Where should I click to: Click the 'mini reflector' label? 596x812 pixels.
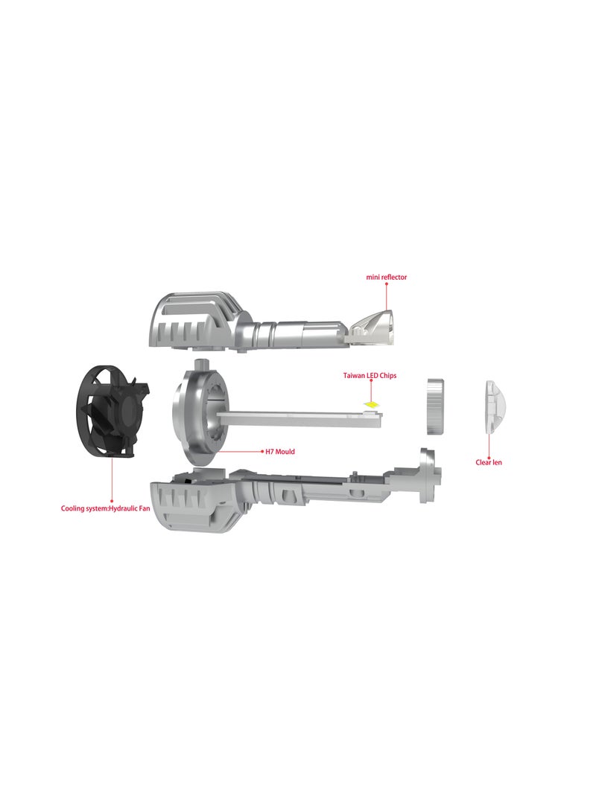pos(386,277)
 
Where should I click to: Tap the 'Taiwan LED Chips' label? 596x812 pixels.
pos(370,375)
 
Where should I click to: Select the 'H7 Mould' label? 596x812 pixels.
pos(280,452)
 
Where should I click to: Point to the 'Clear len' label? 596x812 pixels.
pos(489,462)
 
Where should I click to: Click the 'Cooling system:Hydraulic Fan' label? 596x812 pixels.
pos(105,508)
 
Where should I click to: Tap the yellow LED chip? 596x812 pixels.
pos(372,404)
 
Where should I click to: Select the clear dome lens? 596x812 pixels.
pos(495,407)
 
